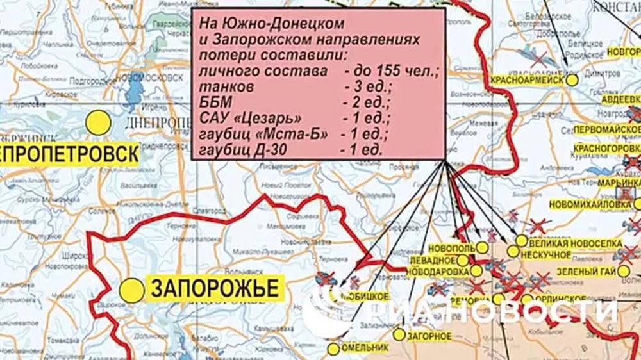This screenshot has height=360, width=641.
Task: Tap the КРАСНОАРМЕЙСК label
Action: (x=527, y=79)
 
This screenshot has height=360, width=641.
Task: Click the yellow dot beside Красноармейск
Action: (x=572, y=79)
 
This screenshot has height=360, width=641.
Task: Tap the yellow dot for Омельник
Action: (x=333, y=348)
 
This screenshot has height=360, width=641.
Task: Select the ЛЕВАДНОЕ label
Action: (x=434, y=261)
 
